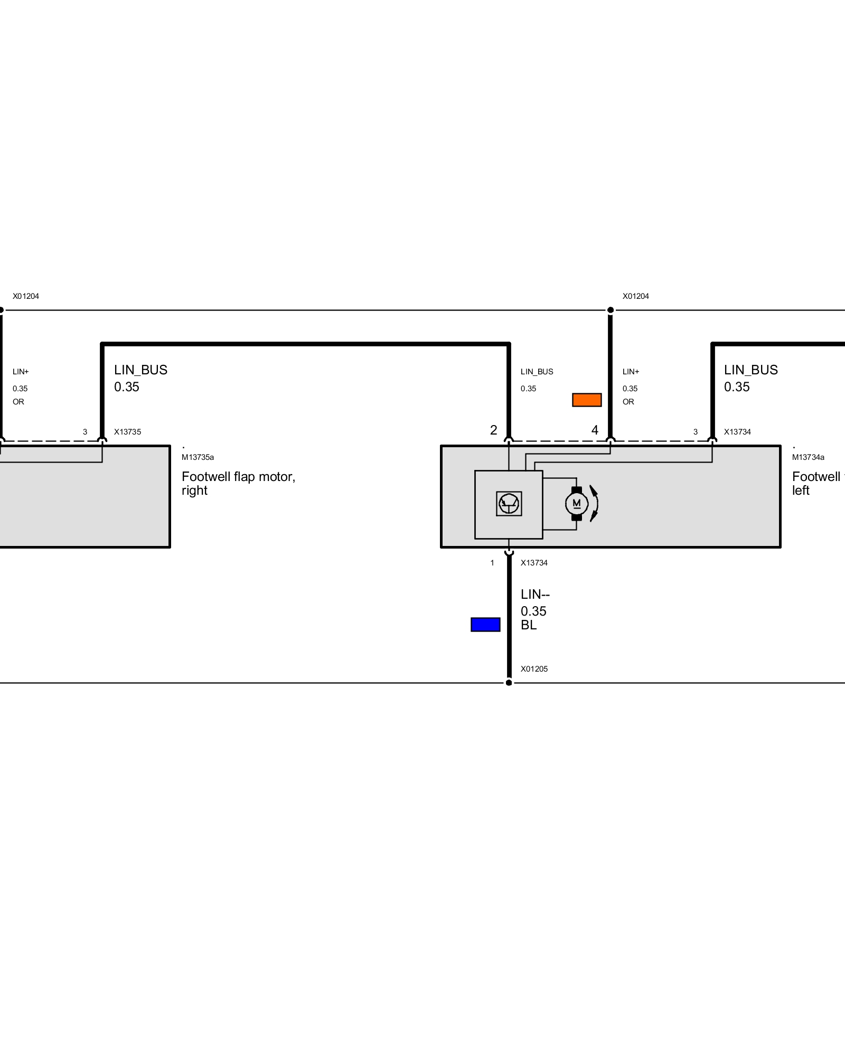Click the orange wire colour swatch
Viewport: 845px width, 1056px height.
[587, 400]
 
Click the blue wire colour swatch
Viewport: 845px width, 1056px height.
[485, 625]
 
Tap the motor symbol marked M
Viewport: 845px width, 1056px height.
[577, 504]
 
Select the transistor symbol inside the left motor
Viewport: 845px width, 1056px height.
[509, 504]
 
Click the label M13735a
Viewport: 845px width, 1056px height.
[198, 457]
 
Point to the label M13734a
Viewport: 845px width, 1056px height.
[808, 457]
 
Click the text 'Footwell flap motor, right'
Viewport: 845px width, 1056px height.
[238, 483]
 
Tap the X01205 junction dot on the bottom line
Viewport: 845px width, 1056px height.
[509, 683]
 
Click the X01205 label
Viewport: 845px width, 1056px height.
[534, 669]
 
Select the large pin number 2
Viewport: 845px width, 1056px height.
[494, 430]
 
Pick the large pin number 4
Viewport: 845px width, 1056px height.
[595, 430]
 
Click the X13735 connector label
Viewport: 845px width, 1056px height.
[127, 432]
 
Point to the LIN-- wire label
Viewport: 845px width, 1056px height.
[535, 595]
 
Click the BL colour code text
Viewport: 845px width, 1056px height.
[529, 625]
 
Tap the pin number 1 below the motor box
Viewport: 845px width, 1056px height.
[492, 563]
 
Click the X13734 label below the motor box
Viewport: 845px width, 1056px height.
[534, 563]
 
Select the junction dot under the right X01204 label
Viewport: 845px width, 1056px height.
[611, 310]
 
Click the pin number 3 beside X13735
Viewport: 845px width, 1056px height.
[85, 432]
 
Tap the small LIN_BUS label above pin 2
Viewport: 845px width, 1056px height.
[537, 372]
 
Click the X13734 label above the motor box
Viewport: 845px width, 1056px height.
[737, 432]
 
